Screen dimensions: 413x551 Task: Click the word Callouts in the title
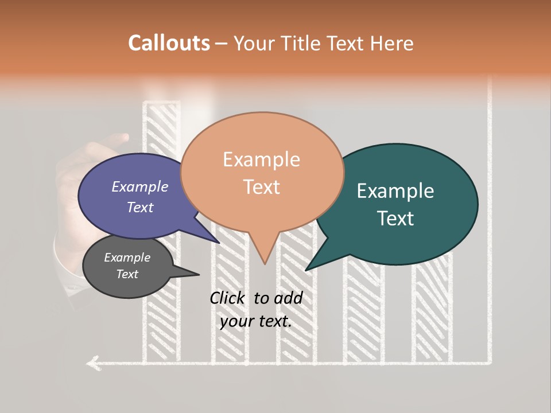click(x=169, y=43)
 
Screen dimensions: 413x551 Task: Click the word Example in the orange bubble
click(x=261, y=159)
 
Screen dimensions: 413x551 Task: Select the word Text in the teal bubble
click(x=396, y=219)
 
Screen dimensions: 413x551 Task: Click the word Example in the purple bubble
click(x=139, y=186)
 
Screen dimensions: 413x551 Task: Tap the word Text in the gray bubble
click(x=127, y=274)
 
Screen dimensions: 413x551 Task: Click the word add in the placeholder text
click(x=288, y=298)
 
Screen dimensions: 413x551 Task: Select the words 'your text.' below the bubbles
click(x=255, y=321)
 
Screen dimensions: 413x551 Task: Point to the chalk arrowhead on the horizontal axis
click(x=92, y=363)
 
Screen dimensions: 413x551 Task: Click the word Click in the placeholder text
click(x=227, y=298)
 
